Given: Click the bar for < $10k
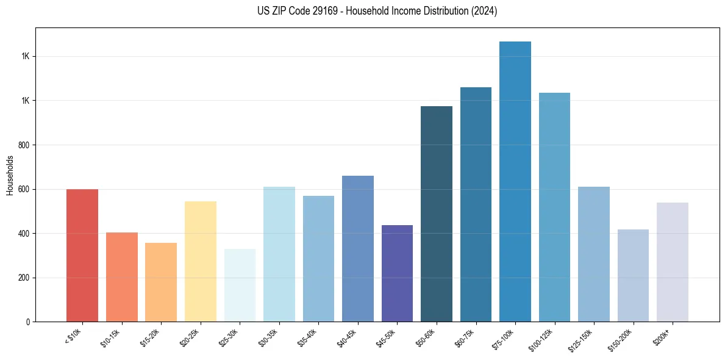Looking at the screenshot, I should click(82, 256).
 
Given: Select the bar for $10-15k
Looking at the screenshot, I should click(121, 277).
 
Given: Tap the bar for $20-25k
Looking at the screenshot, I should click(200, 262).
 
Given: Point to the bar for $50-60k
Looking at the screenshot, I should click(437, 214).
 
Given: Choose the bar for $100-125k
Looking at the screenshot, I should click(554, 207).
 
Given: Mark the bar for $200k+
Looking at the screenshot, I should click(673, 262).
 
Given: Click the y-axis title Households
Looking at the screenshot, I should click(10, 175).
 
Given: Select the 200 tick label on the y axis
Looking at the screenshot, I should click(24, 278).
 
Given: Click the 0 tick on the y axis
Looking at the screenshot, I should click(29, 322).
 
